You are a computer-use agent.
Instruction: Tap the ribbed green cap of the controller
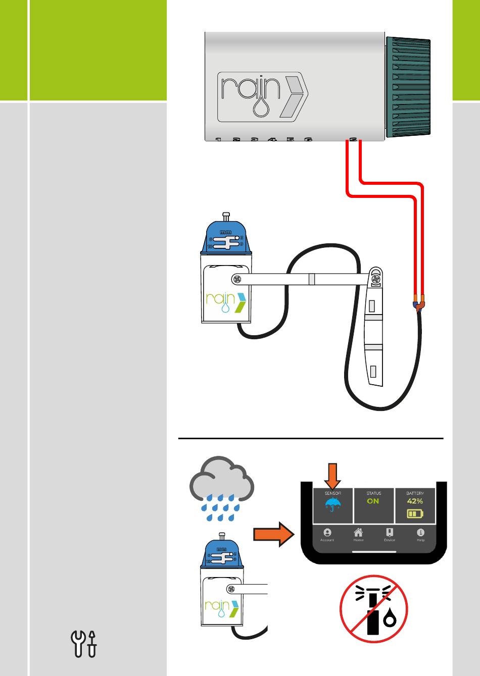click(408, 87)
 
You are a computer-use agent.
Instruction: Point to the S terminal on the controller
click(354, 139)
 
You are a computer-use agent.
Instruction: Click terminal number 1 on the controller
click(218, 139)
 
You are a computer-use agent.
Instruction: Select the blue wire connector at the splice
click(416, 306)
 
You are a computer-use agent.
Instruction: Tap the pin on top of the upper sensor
click(226, 216)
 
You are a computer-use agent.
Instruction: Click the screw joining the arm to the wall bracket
click(375, 278)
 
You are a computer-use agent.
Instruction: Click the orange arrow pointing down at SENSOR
click(332, 476)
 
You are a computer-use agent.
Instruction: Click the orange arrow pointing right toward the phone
click(273, 534)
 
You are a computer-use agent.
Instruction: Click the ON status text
click(373, 501)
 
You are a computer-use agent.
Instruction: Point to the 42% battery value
click(415, 501)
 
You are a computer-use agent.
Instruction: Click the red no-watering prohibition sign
click(373, 609)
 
